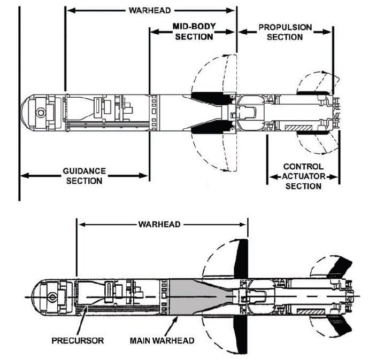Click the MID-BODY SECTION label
tap(193, 32)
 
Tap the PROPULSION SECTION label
tap(285, 32)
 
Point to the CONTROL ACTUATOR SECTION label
tap(303, 176)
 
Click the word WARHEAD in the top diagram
tap(150, 10)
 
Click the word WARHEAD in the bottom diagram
tap(159, 224)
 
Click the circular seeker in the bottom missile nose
tap(52, 296)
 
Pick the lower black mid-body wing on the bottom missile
tap(241, 334)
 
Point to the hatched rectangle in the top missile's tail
tap(295, 128)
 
